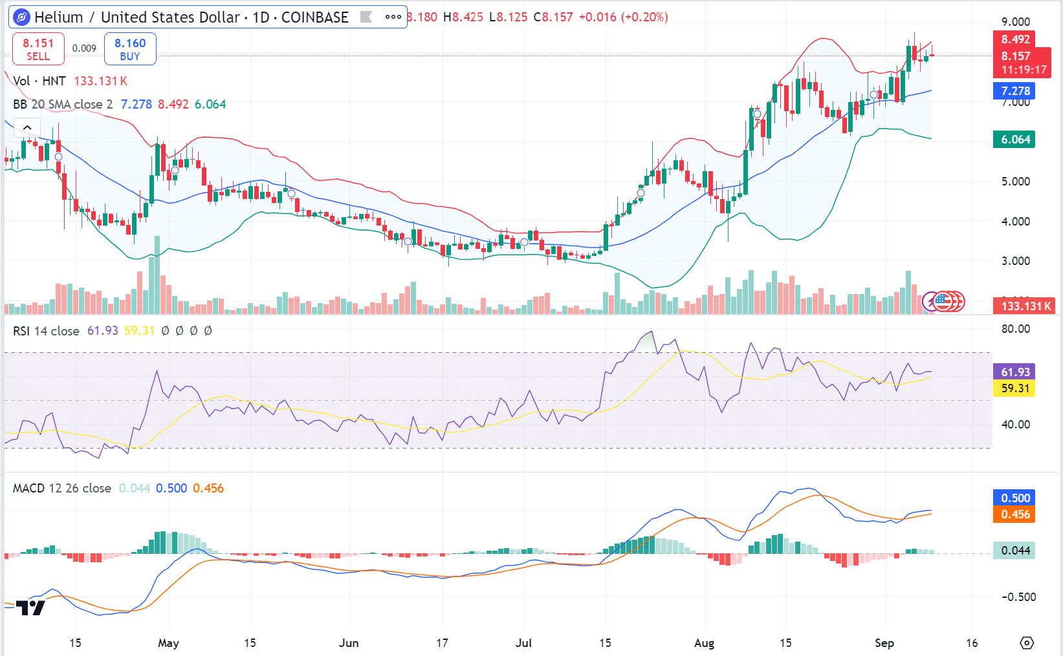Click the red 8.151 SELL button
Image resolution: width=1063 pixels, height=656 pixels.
pos(38,49)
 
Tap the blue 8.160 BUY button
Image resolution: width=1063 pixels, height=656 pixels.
pos(130,49)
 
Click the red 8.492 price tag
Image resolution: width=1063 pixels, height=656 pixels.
pos(1015,39)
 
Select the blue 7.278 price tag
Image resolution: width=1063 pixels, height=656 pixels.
pos(1014,91)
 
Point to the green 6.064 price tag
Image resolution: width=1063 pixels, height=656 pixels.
pos(1014,140)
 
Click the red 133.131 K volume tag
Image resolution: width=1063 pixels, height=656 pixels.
pos(1025,306)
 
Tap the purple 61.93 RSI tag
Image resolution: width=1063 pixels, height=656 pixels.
pos(1014,372)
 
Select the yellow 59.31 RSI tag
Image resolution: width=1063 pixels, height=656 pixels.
pos(1014,388)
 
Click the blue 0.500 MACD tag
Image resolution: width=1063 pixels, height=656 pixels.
pos(1014,498)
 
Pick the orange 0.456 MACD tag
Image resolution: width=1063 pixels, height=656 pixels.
pos(1014,514)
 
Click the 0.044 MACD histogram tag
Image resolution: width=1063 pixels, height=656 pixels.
pos(1014,551)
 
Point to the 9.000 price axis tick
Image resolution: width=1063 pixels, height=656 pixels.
pos(1015,22)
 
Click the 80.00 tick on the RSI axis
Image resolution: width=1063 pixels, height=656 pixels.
pos(1015,329)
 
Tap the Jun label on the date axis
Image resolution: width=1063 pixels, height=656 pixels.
pos(349,643)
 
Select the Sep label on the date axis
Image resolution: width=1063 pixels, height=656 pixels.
pos(884,643)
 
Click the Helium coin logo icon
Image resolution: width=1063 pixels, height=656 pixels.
pos(21,17)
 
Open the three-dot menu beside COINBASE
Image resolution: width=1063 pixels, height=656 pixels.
pos(393,17)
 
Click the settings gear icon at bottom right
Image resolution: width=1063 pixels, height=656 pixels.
pos(1027,643)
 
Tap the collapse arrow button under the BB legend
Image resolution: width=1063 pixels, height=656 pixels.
pos(27,127)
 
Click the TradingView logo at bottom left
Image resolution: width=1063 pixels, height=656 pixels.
pos(30,608)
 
